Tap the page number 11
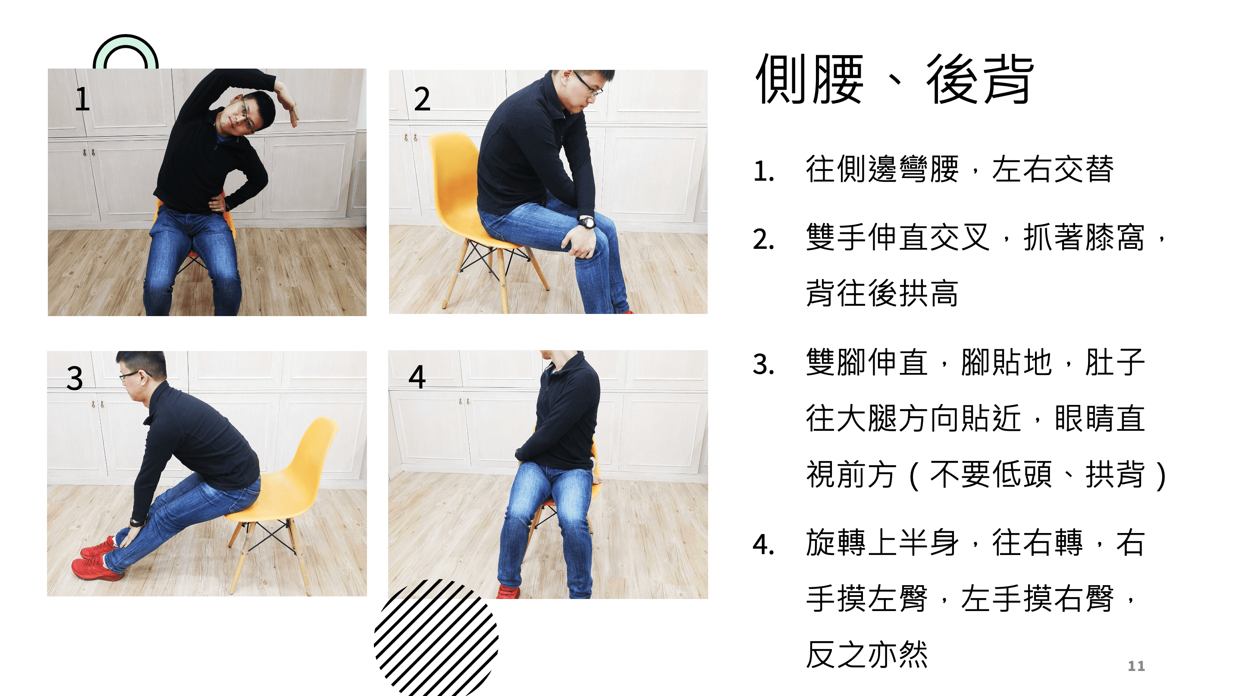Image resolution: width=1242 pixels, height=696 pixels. click(x=1136, y=666)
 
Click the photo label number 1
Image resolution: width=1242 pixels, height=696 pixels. click(x=82, y=99)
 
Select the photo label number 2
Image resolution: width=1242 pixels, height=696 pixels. click(x=422, y=99)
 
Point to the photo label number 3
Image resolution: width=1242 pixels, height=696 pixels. click(x=75, y=378)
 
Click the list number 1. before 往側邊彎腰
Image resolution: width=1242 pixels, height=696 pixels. click(x=764, y=172)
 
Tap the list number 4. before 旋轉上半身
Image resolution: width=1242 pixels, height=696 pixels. click(x=764, y=545)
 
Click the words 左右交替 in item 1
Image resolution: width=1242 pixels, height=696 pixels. click(x=1053, y=169)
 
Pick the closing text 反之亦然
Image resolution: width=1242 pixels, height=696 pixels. click(x=867, y=654)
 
